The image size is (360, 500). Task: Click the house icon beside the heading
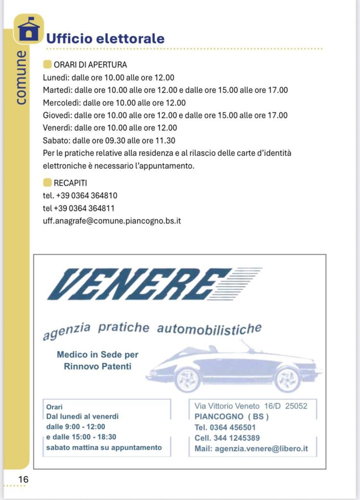pos(29,29)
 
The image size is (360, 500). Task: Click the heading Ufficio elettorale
pos(105,39)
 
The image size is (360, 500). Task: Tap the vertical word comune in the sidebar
pos(21,77)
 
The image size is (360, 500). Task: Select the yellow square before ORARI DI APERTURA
pos(47,64)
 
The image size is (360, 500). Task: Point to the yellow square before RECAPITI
pos(47,183)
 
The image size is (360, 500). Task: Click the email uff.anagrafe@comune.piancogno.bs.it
pos(112,221)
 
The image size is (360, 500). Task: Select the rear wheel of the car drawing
pos(287,379)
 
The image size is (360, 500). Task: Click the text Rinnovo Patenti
pos(98,366)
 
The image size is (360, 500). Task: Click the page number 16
pos(23,479)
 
